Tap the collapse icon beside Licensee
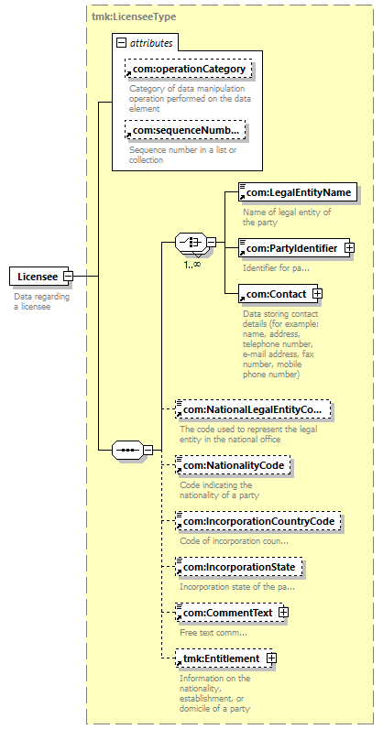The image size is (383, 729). pos(68,277)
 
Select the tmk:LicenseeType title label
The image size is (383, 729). pos(134,16)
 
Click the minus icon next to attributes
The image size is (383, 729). pos(122,43)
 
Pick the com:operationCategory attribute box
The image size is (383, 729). pos(189,69)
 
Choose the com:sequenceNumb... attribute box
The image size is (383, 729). pos(185,131)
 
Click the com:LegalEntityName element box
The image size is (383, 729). pos(298,192)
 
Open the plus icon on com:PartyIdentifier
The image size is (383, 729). pos(349,248)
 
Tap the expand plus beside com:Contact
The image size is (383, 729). pos(318,294)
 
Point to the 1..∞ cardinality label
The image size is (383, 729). pos(192,264)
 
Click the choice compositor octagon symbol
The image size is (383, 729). pos(191,242)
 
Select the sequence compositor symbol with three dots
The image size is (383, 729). pos(127,450)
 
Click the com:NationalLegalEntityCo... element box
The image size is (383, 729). pos(253,409)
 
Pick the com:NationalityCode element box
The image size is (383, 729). pos(233,465)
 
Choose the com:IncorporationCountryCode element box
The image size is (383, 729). pos(258,521)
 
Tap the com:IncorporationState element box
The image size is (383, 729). pos(239,567)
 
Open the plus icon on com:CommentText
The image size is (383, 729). pos(283,613)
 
